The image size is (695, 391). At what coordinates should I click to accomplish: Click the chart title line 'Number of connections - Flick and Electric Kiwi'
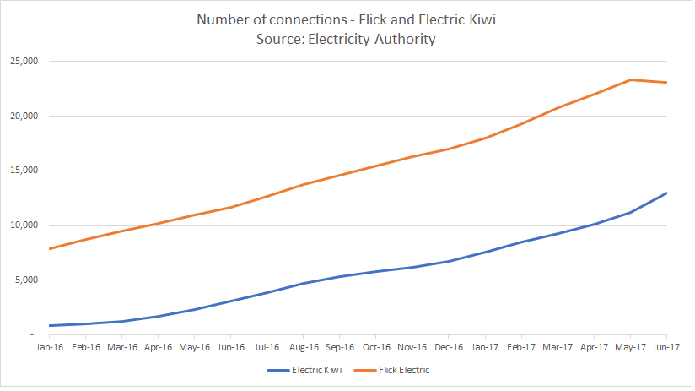(x=346, y=19)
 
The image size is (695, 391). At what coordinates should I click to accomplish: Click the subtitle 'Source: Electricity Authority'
(x=346, y=39)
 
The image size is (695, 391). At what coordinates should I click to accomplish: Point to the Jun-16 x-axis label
(x=230, y=347)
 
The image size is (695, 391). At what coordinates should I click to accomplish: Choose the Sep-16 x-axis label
(x=340, y=347)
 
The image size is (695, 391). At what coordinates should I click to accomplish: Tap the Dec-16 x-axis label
(x=449, y=347)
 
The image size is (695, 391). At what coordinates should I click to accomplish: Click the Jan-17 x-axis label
(x=485, y=347)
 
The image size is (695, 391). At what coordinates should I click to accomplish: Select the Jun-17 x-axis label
(x=666, y=347)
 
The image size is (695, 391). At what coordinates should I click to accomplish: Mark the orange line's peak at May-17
(x=631, y=79)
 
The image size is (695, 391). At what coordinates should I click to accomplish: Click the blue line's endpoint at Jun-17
(x=667, y=193)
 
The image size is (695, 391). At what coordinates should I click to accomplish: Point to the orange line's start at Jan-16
(x=50, y=248)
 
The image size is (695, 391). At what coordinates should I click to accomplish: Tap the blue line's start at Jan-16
(x=50, y=325)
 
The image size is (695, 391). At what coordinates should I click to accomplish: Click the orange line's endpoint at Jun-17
(x=667, y=82)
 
